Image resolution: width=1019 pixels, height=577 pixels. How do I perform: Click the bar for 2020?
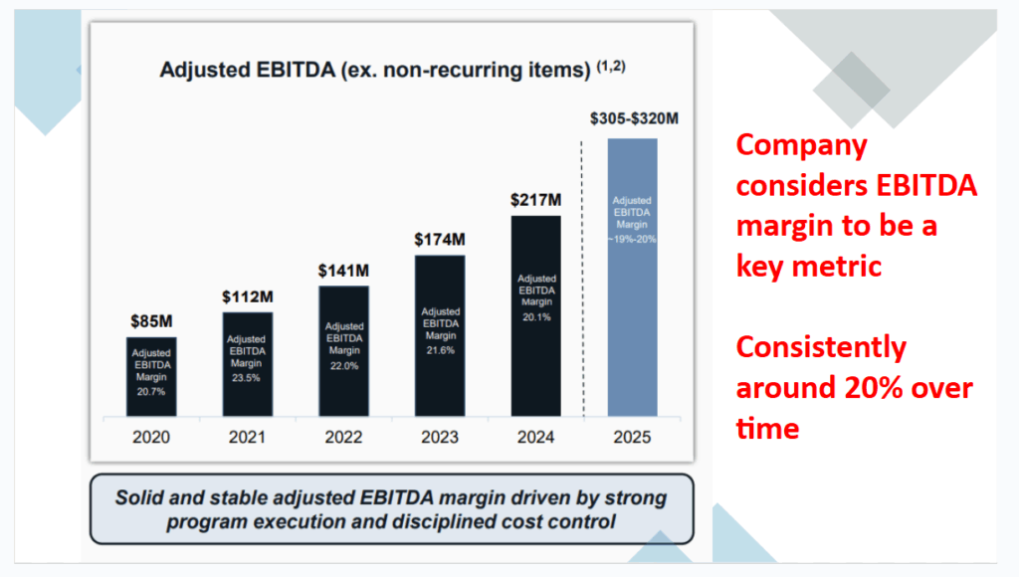151,376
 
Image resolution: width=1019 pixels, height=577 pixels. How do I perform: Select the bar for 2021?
248,363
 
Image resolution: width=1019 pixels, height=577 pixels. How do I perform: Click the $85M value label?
151,321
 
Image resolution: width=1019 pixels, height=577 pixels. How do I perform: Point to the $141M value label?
343,271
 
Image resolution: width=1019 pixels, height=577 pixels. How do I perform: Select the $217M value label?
535,199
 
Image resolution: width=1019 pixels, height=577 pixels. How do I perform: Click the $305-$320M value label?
633,119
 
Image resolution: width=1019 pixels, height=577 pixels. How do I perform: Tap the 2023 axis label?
440,437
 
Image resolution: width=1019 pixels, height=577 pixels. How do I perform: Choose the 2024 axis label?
535,437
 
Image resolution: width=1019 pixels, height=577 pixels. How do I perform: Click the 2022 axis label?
343,437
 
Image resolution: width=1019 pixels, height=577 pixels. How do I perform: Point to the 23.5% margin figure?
248,377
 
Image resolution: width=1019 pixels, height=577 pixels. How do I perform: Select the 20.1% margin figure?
535,317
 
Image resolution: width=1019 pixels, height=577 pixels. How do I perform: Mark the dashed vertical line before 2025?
583,279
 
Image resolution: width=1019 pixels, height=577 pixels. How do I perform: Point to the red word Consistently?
821,348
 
